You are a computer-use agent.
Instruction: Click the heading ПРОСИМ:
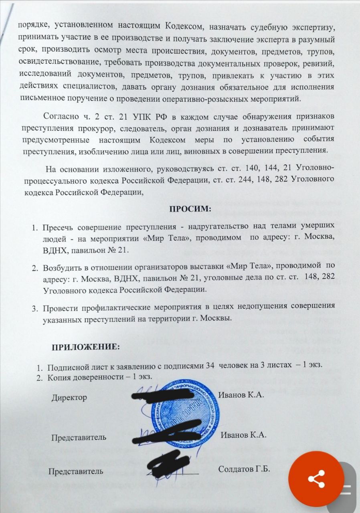[190, 209]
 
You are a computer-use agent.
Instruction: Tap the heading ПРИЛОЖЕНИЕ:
[85, 347]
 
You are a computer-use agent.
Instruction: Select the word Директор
[69, 398]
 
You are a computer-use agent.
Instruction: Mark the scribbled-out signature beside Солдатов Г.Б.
[168, 465]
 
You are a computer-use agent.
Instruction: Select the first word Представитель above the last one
[79, 438]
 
